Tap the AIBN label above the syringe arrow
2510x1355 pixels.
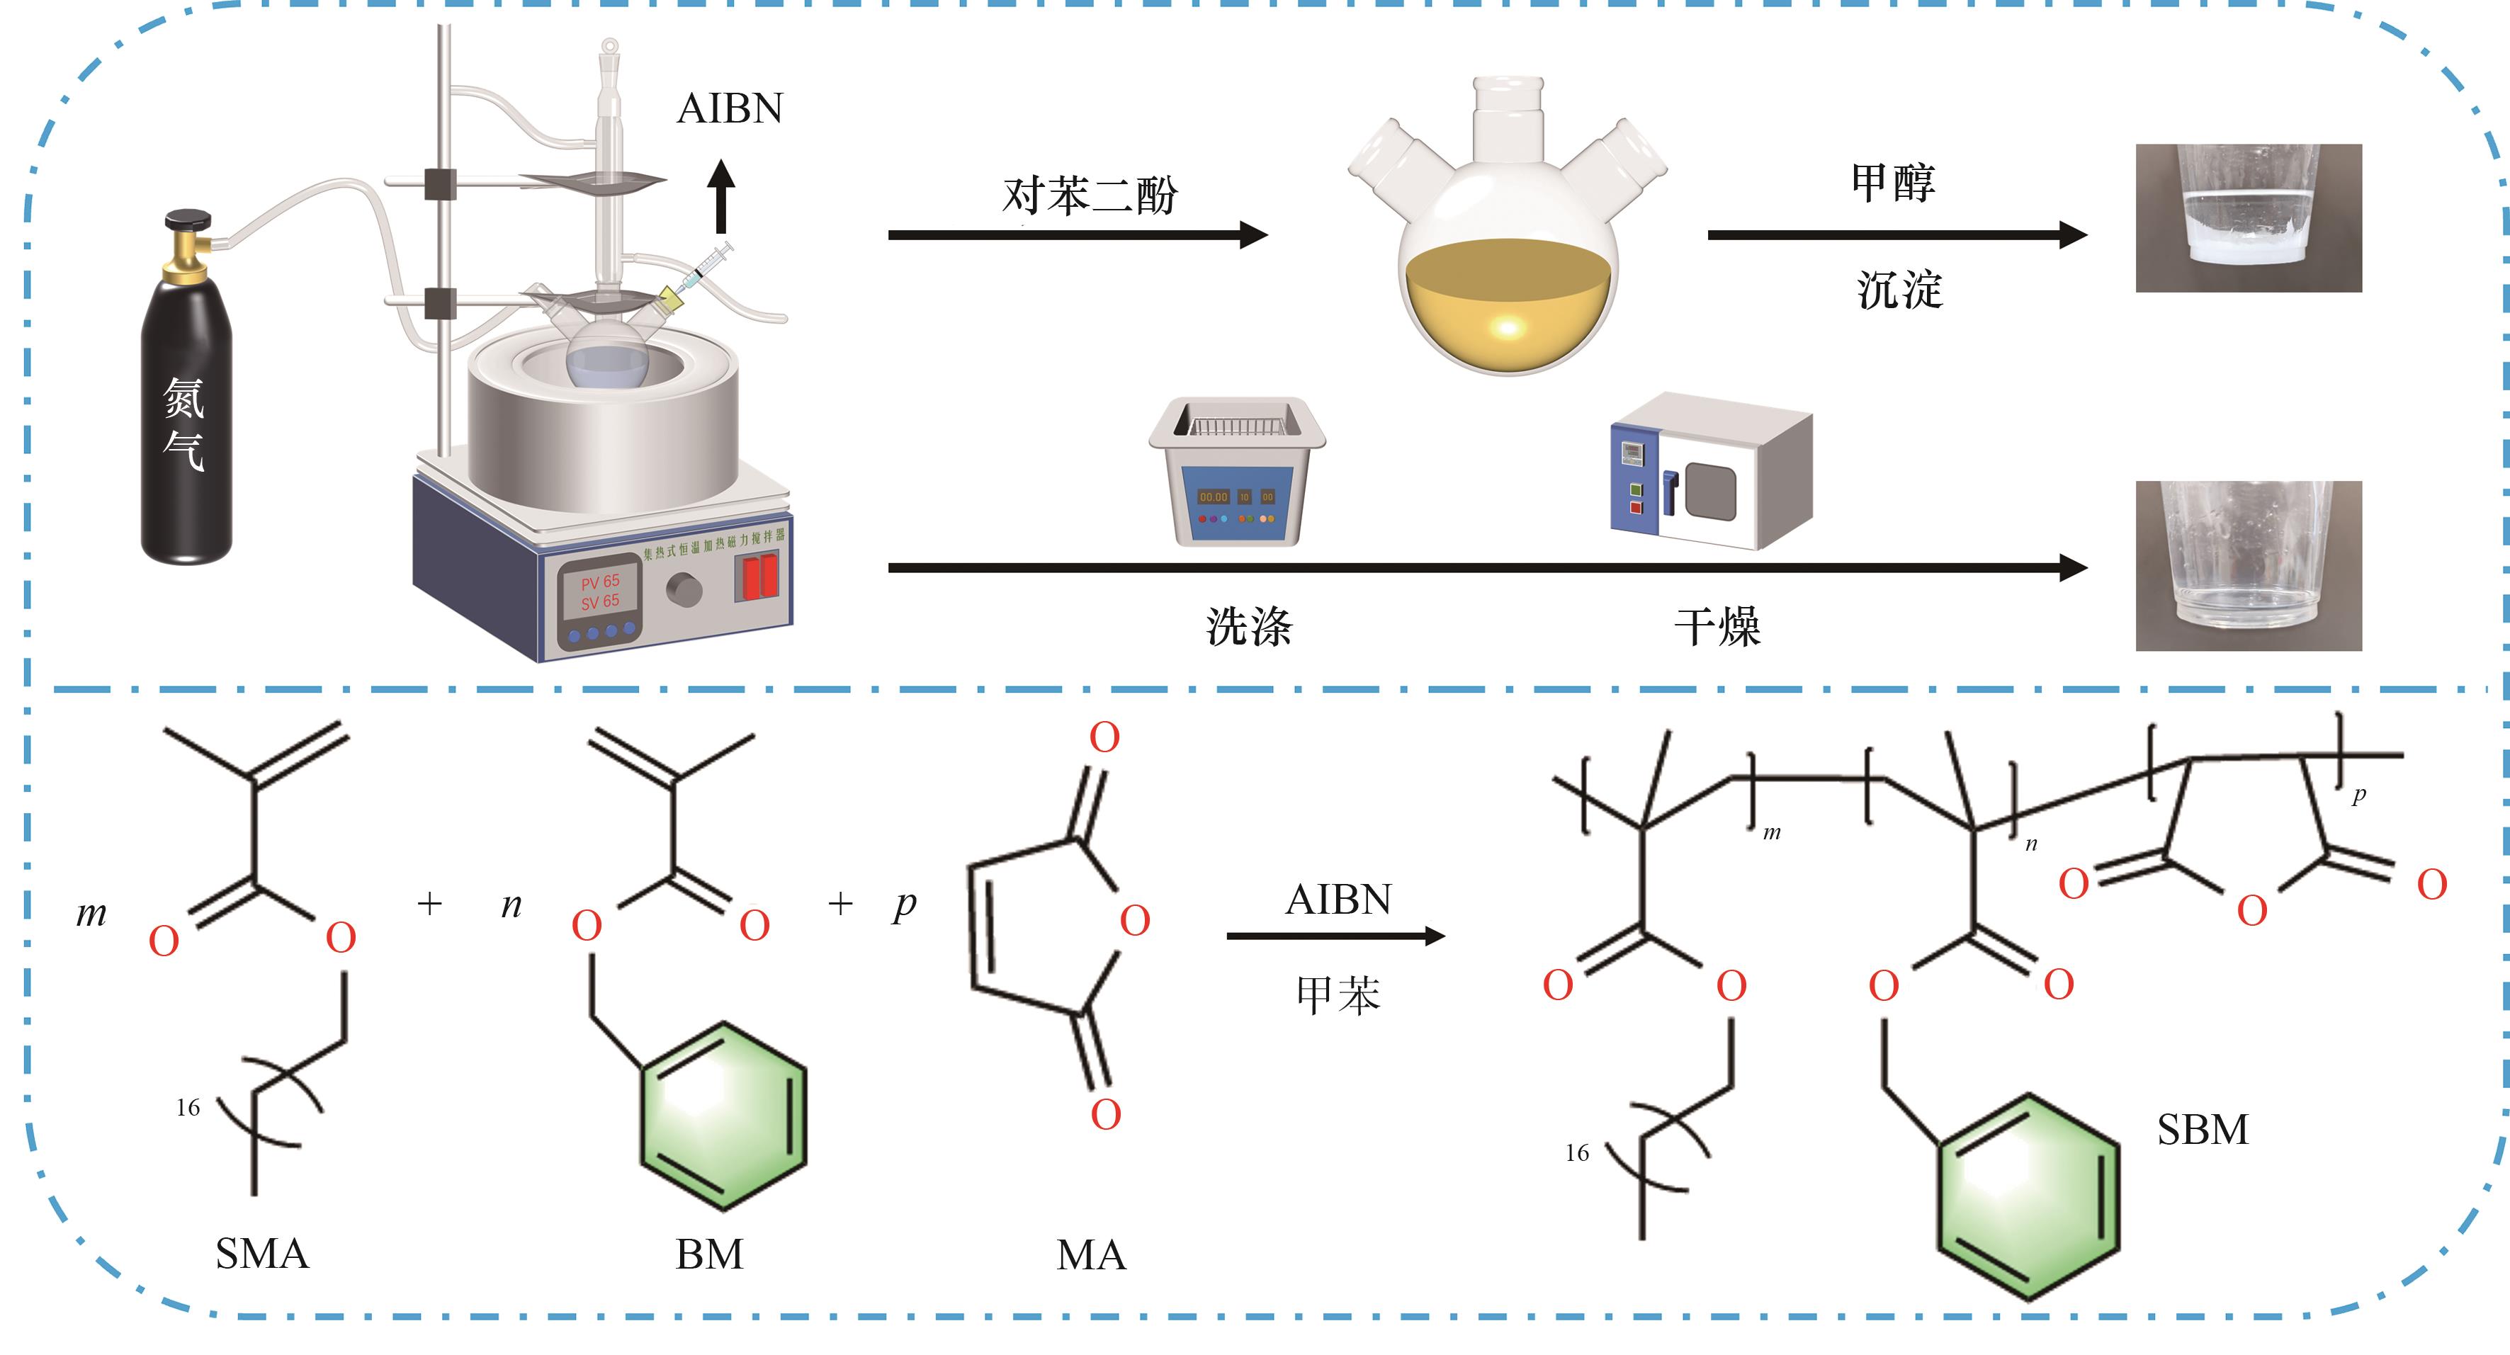(x=730, y=109)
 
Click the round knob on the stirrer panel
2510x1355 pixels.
(x=684, y=589)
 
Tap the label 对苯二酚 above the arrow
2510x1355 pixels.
(x=1090, y=195)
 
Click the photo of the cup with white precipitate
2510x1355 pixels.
(x=2248, y=218)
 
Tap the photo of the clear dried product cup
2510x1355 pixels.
(x=2248, y=565)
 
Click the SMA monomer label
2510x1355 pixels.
(x=261, y=1254)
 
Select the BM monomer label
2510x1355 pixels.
(x=709, y=1254)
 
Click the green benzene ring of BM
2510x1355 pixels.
(x=723, y=1116)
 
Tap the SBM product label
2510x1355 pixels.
(x=2202, y=1130)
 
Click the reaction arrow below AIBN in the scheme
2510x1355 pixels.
(x=1335, y=936)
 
